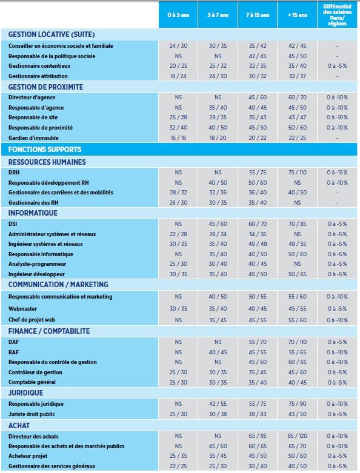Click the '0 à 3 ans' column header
[178, 15]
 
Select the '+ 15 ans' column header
[297, 15]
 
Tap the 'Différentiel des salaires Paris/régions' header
[337, 15]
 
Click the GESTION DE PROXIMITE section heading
[45, 87]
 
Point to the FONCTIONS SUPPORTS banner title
[45, 150]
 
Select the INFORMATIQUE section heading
[33, 213]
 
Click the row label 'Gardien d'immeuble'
[33, 138]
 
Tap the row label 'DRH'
[14, 173]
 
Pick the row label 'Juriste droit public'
[32, 414]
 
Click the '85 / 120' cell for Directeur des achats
[297, 436]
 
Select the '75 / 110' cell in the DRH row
[297, 173]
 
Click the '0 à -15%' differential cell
[337, 173]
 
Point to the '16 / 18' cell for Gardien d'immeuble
[178, 138]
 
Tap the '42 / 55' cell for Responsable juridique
[218, 403]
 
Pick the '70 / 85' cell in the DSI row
[297, 224]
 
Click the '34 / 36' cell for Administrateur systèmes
[258, 234]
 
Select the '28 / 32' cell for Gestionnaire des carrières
[178, 193]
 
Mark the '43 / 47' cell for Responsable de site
[297, 117]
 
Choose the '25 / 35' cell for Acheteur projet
[178, 456]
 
